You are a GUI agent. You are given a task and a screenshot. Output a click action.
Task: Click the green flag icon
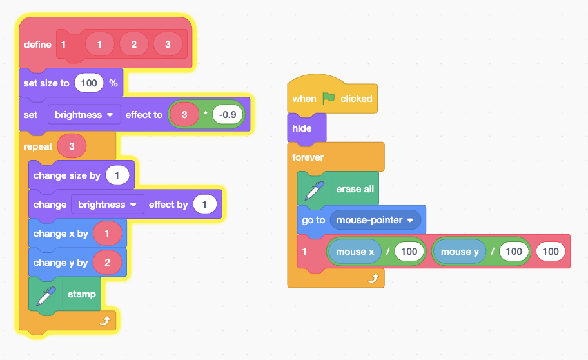[329, 98]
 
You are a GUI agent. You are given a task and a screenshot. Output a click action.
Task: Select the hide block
[302, 128]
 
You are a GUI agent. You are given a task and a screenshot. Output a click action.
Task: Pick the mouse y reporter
[460, 252]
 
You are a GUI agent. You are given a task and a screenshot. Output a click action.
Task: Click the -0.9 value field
[228, 115]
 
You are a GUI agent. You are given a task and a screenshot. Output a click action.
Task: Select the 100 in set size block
[89, 83]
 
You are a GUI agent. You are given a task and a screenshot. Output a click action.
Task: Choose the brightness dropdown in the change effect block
[107, 205]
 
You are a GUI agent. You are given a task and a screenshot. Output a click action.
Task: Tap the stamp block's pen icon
[46, 295]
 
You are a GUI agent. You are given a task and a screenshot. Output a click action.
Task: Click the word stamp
[82, 294]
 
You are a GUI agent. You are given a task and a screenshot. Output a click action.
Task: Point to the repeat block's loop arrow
[105, 320]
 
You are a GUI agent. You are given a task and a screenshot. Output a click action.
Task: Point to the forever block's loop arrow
[373, 278]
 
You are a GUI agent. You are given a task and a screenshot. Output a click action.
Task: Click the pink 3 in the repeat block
[72, 146]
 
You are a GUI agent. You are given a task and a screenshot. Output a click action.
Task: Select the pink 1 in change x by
[107, 234]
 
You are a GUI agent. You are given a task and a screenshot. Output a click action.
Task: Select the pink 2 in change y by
[107, 263]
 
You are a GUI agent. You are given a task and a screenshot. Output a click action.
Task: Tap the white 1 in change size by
[117, 175]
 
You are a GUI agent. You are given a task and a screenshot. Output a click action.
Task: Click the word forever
[308, 157]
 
